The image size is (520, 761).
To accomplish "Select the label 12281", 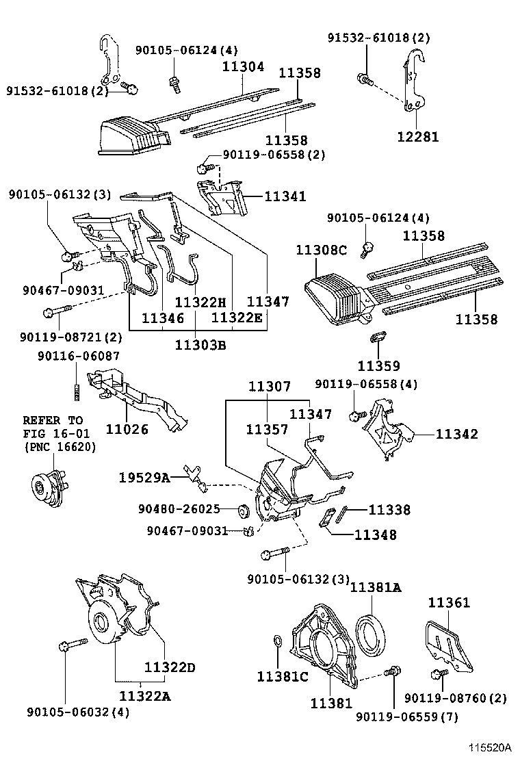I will tap(417, 137).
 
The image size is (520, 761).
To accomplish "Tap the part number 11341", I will tap(285, 196).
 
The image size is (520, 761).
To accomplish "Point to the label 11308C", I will tap(322, 250).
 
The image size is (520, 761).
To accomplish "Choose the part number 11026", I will tap(128, 429).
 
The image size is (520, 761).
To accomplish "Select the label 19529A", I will tap(146, 477).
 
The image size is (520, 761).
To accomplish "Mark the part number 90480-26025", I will tap(179, 509).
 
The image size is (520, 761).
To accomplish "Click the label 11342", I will tap(457, 434).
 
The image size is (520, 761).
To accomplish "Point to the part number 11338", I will tap(389, 509).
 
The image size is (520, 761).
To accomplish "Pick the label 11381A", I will tap(376, 586).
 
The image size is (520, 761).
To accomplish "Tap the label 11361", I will tap(449, 602).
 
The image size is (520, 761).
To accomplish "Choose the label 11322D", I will tap(170, 667).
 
